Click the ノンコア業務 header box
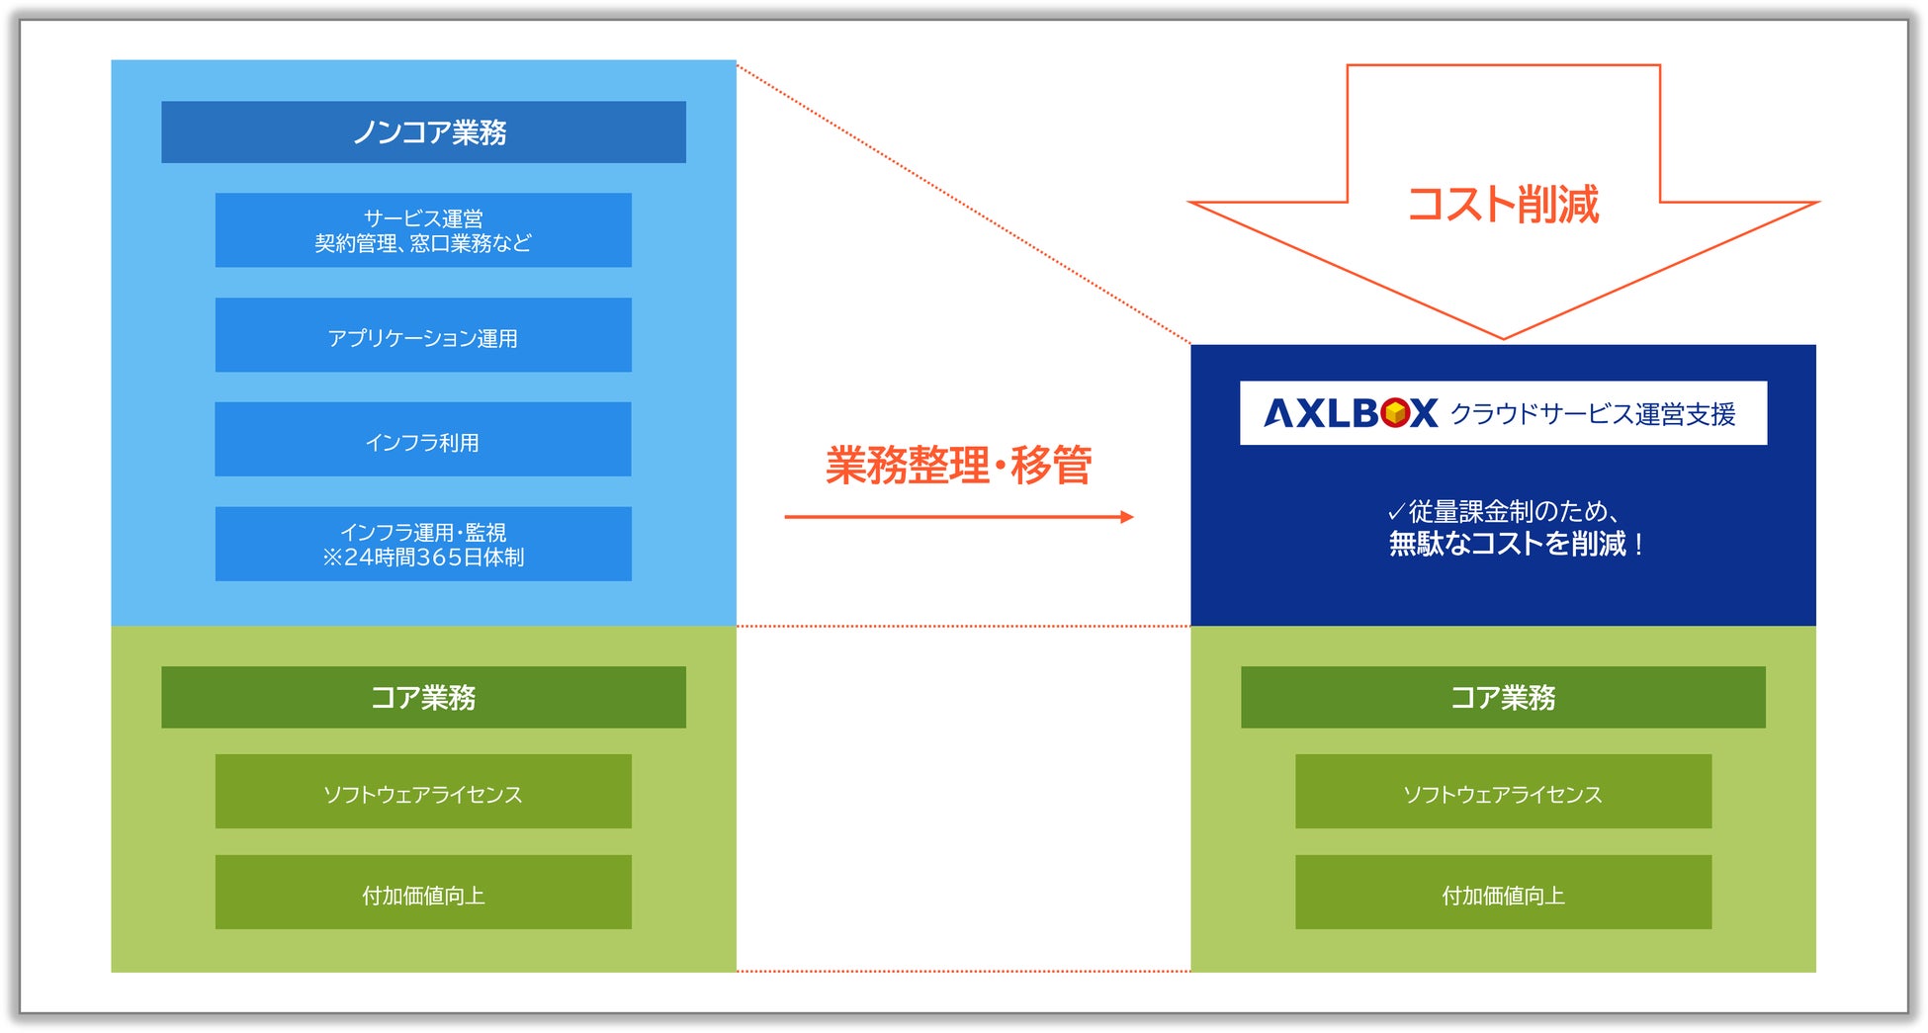[423, 131]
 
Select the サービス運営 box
[423, 229]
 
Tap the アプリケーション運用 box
[423, 335]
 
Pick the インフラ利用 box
[423, 439]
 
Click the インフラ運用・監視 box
[423, 544]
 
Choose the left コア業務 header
[423, 697]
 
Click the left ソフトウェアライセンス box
[423, 792]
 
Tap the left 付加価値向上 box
[423, 893]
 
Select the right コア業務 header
[1503, 697]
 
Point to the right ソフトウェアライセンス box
[1503, 792]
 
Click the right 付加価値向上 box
[1503, 893]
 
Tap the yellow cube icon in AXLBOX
[1395, 413]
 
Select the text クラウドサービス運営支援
[1593, 414]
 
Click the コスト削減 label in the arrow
[1503, 205]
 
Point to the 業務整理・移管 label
[958, 465]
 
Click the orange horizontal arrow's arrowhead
[1127, 516]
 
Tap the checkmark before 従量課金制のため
[1396, 512]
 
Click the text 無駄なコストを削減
[1507, 544]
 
